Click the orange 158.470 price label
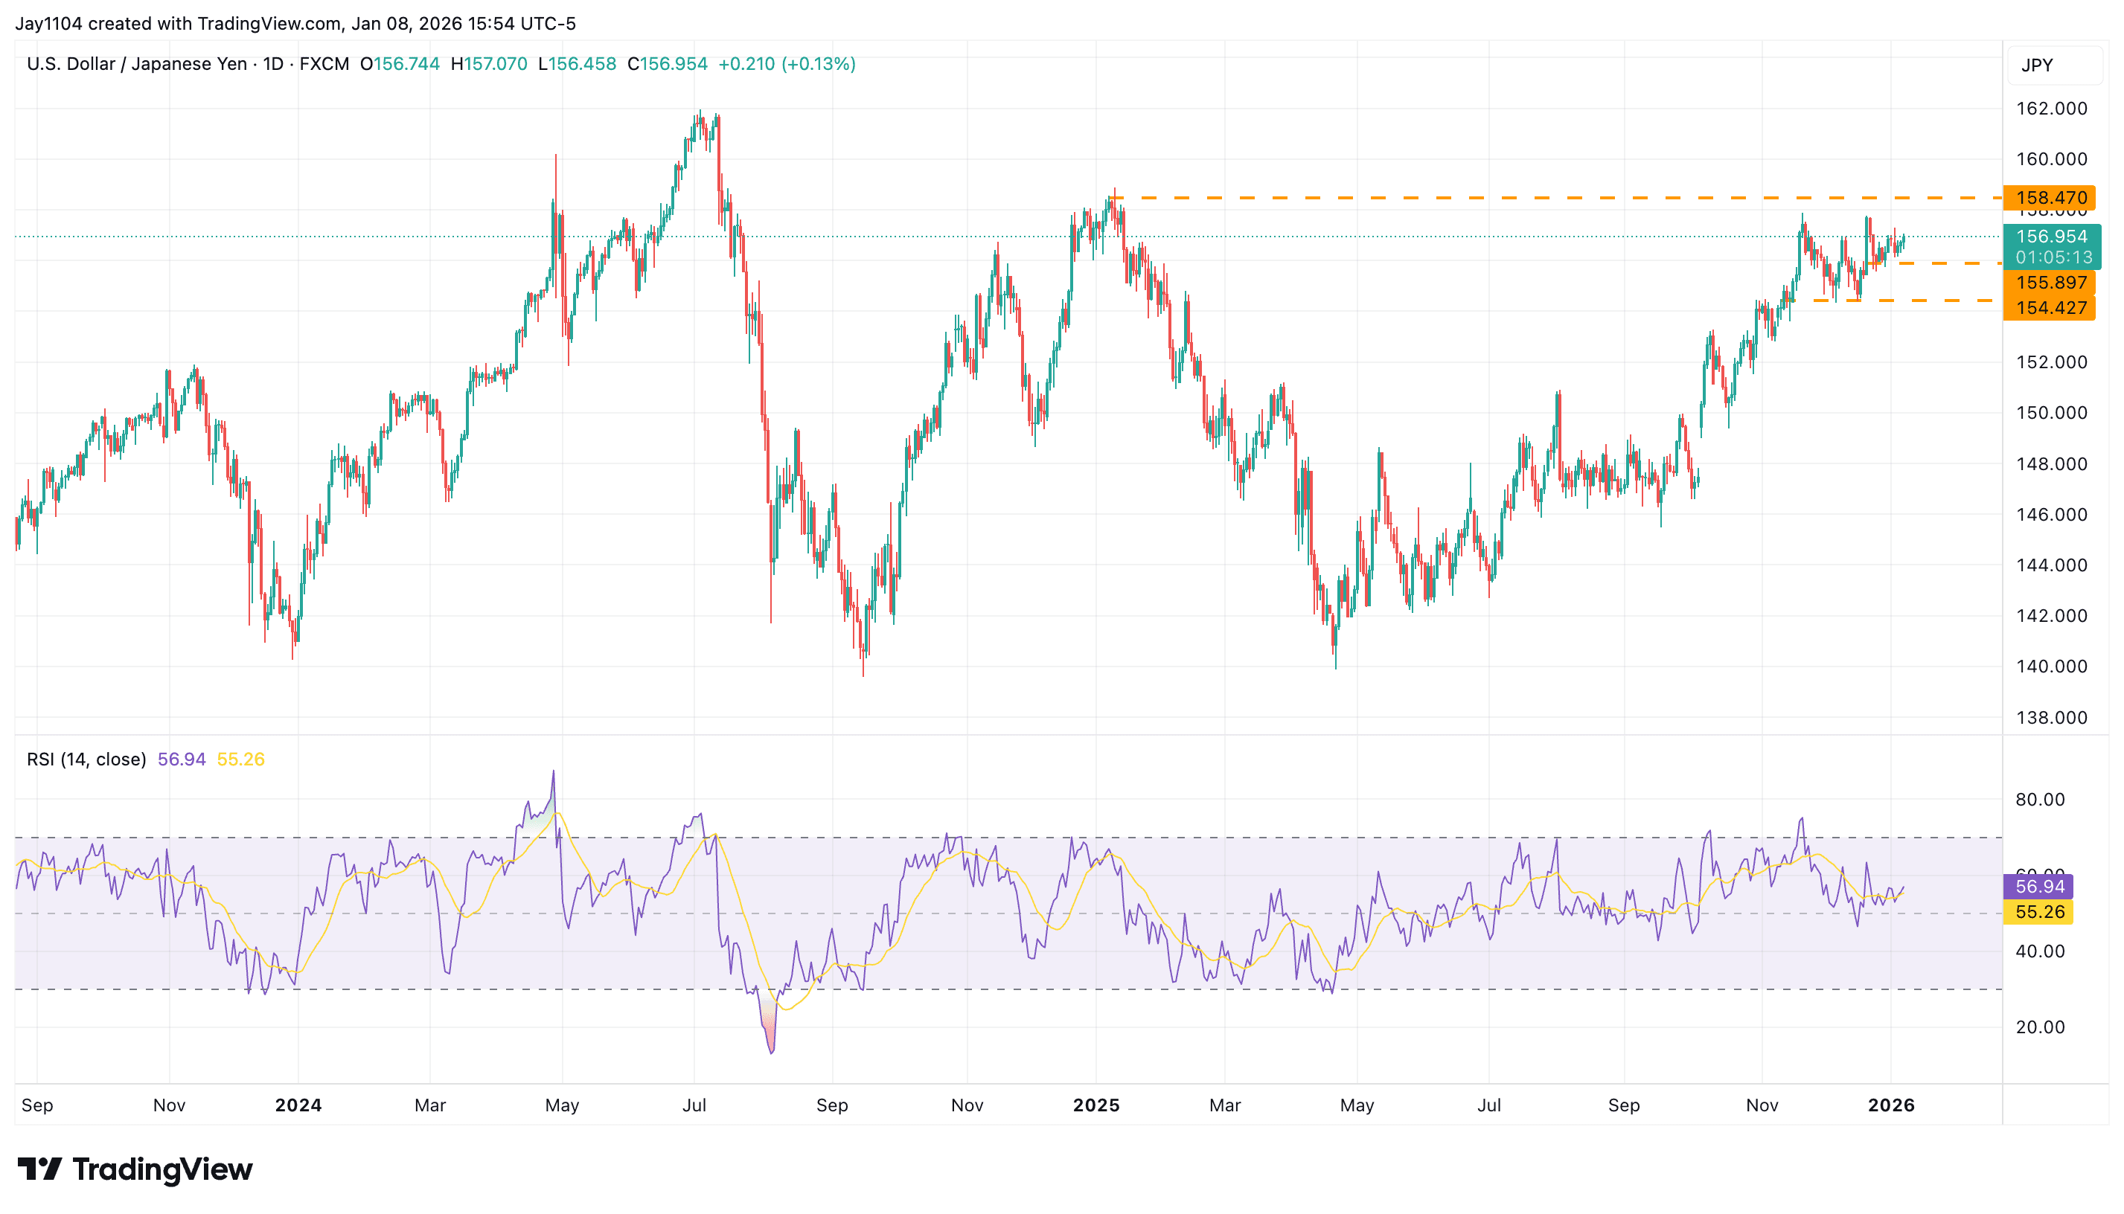point(2050,198)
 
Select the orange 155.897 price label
point(2050,283)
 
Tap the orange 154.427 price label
point(2050,308)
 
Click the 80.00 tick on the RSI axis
point(2040,800)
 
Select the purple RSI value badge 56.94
point(2039,886)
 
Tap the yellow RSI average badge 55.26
point(2039,912)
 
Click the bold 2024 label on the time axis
point(298,1105)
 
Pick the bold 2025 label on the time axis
point(1095,1105)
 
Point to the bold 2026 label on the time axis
point(1891,1105)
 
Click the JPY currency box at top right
point(2036,65)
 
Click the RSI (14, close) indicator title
point(86,759)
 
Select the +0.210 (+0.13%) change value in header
point(787,64)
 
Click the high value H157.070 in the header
point(489,64)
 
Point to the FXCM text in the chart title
point(324,64)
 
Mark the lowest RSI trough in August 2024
point(771,1053)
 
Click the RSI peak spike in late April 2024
point(553,772)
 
